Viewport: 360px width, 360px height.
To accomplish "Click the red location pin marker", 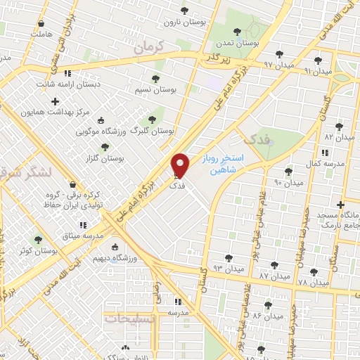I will click(181, 165).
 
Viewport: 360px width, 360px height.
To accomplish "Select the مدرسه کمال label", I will click(324, 162).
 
